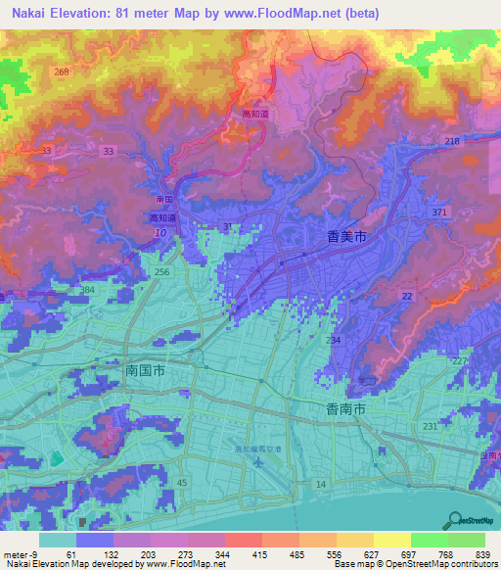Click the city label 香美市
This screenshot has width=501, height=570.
(x=347, y=236)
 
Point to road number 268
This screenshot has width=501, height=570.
(x=63, y=72)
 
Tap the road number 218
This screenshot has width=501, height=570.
(x=452, y=143)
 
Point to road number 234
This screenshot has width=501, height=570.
(x=334, y=340)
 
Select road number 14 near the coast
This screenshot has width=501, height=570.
(x=319, y=485)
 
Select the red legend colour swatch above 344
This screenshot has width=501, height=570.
(x=243, y=540)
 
